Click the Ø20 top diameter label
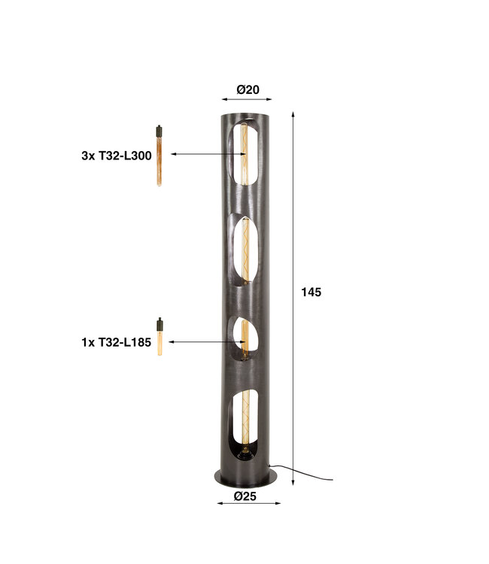(248, 89)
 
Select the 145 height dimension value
(311, 292)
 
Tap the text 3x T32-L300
(117, 156)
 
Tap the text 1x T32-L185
(117, 342)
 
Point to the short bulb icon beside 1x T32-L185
(159, 337)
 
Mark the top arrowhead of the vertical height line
(293, 114)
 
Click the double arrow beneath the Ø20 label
(248, 99)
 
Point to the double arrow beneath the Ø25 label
(248, 503)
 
